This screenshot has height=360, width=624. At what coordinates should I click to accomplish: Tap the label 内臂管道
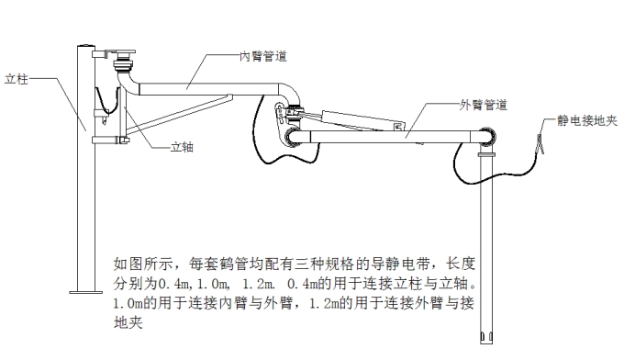tap(264, 56)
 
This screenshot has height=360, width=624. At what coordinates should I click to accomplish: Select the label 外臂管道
tap(483, 104)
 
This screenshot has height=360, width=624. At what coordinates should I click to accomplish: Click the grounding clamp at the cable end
tap(541, 144)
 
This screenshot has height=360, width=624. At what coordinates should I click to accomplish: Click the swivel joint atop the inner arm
tap(122, 67)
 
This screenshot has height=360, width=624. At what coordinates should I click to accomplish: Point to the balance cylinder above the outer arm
tap(350, 117)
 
